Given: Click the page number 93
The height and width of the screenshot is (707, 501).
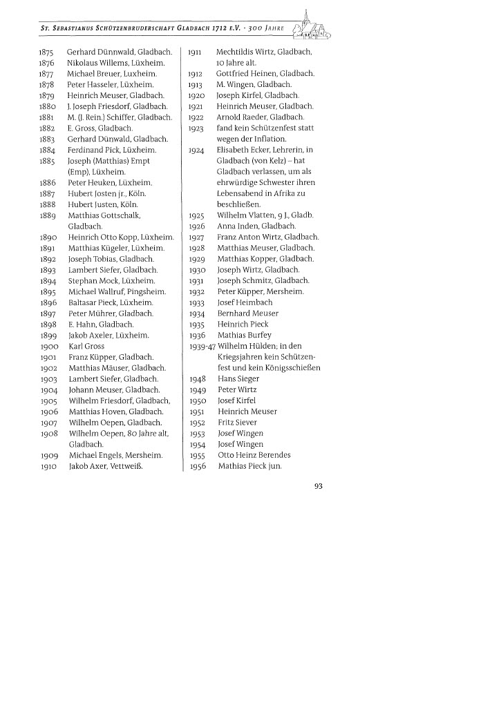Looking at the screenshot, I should [x=319, y=485].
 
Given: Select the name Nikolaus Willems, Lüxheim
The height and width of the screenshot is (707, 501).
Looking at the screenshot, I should [x=115, y=63].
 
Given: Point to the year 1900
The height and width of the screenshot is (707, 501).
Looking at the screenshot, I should [x=49, y=346].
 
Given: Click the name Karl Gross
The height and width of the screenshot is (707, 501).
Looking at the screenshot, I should [x=86, y=346].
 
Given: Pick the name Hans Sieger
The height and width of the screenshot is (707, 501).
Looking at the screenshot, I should [x=238, y=378].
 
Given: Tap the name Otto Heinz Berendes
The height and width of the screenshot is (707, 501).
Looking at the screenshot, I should [x=254, y=455].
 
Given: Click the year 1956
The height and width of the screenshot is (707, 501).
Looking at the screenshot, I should [x=197, y=466].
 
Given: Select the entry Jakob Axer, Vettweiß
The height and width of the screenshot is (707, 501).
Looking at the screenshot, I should [x=110, y=466].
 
